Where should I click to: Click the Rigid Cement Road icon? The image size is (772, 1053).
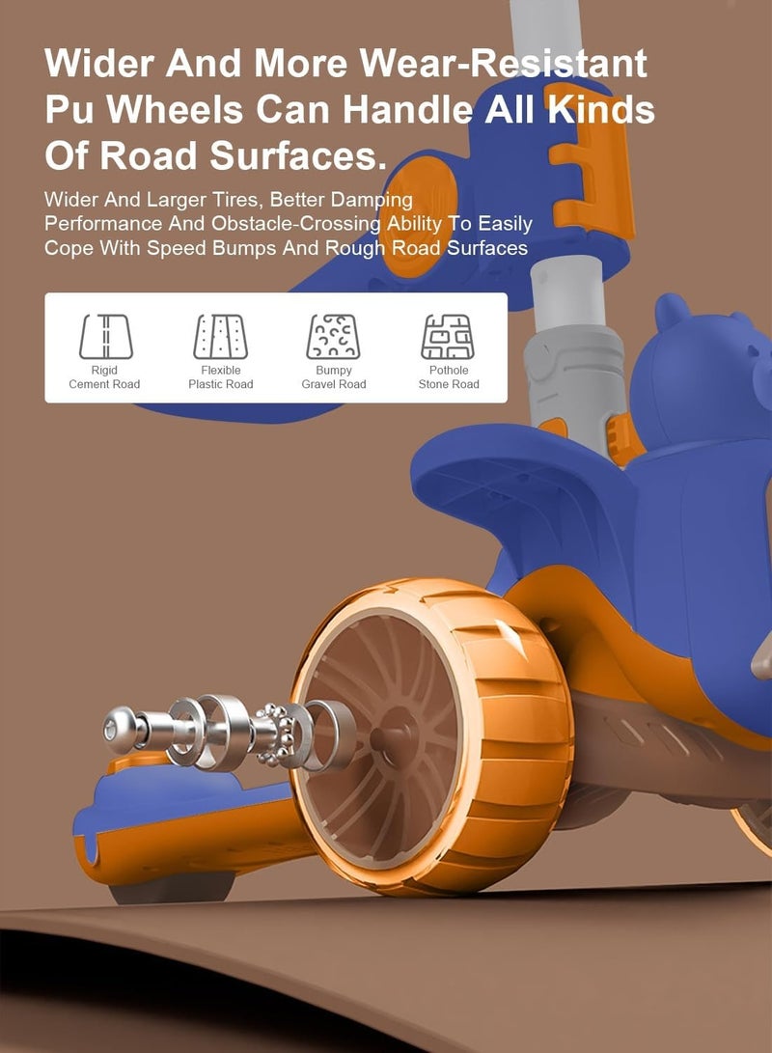105,337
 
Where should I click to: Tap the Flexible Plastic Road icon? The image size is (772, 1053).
220,337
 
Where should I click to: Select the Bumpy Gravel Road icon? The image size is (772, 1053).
333,337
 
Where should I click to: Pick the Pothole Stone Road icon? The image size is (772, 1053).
448,337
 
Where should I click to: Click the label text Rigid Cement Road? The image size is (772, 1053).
104,377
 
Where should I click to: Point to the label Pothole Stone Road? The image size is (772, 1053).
449,377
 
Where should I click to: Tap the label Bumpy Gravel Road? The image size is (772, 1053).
334,377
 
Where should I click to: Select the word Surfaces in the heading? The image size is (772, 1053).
298,155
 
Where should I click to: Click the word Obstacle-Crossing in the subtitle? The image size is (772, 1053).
296,224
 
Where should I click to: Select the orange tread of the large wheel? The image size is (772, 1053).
510,732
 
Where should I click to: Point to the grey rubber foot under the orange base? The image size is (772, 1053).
171,891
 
